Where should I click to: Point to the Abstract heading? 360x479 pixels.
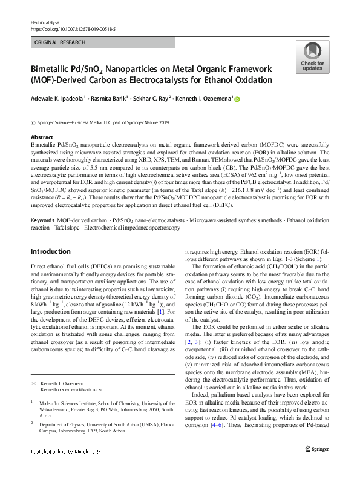(x=42, y=137)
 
